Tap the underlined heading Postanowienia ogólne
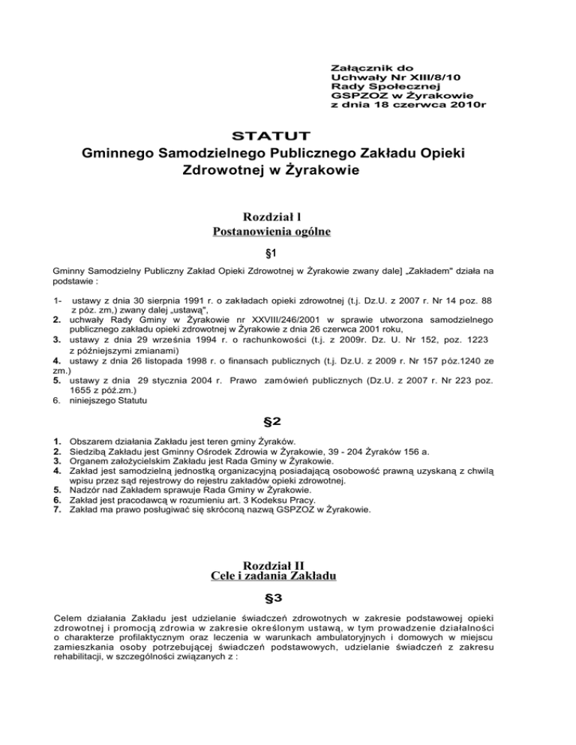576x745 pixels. click(287, 232)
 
